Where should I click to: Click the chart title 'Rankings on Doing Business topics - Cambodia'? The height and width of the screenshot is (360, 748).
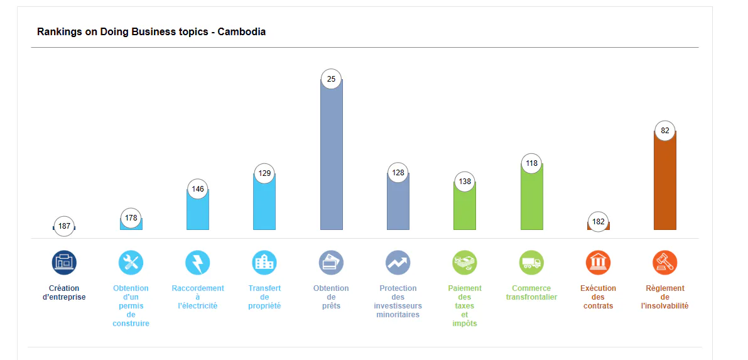coord(151,32)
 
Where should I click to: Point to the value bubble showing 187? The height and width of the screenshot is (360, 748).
coord(65,226)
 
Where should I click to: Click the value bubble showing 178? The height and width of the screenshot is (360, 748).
coord(131,218)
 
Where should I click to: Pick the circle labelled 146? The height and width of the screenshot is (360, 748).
coord(198,189)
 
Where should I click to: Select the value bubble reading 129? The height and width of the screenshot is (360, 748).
coord(265,173)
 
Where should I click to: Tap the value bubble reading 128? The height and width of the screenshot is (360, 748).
coord(398,173)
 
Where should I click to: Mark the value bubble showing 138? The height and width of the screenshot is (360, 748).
coord(465,182)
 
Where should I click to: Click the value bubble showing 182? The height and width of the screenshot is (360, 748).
coord(598,222)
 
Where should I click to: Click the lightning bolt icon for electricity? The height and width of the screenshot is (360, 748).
coord(198,263)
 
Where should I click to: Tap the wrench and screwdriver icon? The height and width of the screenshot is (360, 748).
coord(131,263)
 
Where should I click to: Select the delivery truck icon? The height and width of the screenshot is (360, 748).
coord(531,263)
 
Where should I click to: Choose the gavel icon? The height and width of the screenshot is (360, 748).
coord(665,263)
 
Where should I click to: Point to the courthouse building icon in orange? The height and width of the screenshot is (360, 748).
coord(598,263)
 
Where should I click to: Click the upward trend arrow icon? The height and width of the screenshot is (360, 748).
coord(398,263)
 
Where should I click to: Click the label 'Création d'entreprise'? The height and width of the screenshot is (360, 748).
coord(65,293)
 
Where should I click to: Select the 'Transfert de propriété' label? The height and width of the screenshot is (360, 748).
coord(265,297)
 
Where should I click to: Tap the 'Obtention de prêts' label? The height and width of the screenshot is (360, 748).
coord(332,297)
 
